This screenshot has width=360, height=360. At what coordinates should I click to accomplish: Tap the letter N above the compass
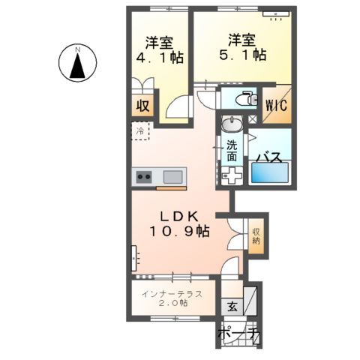pos(77,49)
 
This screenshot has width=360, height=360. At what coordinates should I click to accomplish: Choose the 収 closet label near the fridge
pos(141,106)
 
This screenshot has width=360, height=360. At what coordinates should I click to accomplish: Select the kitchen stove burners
pos(144,178)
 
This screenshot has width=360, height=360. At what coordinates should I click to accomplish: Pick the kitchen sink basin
pos(172,178)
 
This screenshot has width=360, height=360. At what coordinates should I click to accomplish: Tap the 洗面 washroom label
pos(232,150)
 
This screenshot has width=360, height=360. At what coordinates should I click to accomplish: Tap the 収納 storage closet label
pos(256,236)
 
